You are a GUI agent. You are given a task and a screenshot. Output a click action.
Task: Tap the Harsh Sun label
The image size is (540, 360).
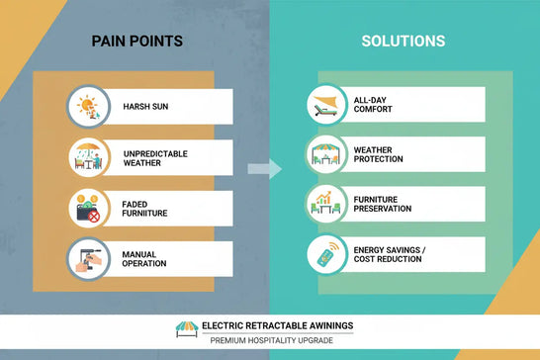pos(144,107)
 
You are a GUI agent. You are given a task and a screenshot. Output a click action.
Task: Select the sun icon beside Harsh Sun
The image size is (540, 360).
pos(88,106)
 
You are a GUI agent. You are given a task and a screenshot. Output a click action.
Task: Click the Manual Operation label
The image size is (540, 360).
pos(145,259)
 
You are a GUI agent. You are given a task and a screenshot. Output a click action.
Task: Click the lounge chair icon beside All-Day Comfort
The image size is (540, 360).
pos(325,103)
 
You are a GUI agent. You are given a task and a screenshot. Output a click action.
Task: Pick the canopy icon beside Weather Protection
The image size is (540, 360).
pos(325,153)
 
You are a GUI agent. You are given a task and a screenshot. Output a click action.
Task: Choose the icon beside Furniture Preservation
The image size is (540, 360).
pos(325,204)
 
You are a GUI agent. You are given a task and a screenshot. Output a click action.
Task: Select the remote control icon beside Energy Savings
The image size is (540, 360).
pos(325,254)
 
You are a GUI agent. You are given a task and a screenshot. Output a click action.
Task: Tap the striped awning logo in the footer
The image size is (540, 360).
pos(187,327)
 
